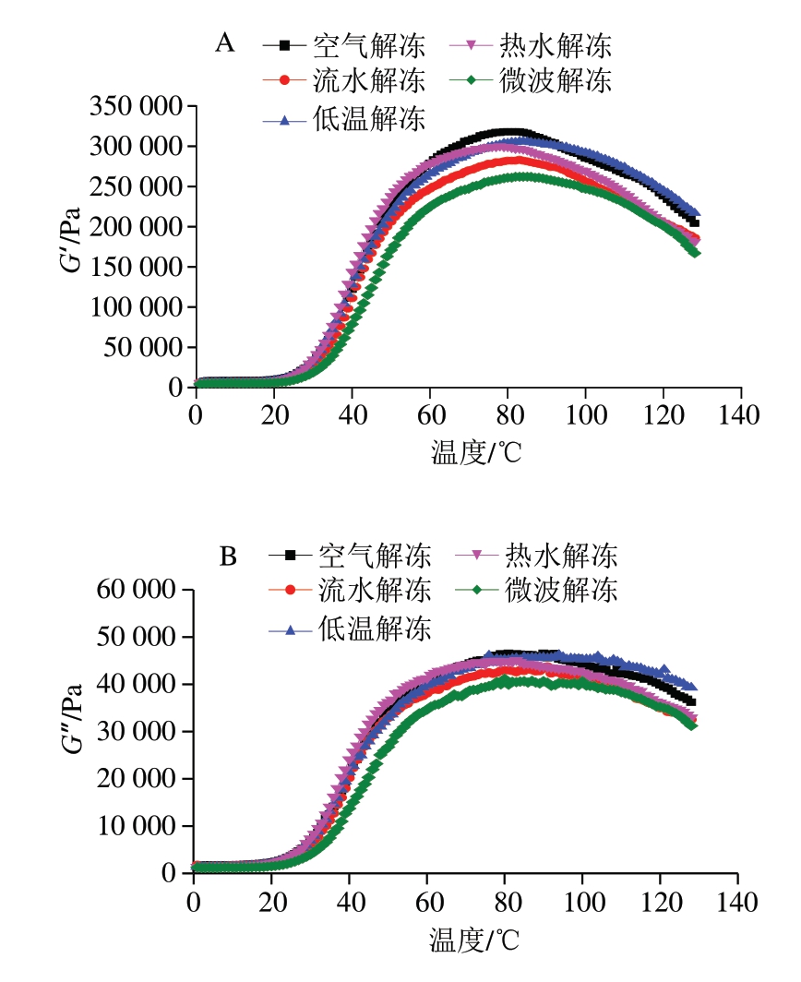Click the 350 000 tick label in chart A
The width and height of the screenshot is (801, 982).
(x=137, y=106)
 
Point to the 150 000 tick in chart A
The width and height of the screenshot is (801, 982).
(x=137, y=267)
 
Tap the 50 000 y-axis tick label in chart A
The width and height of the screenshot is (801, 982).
(x=143, y=347)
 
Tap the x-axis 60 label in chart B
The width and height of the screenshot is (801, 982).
(x=426, y=899)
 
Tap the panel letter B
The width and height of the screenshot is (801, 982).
(x=228, y=556)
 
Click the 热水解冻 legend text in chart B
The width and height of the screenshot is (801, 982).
(x=560, y=556)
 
